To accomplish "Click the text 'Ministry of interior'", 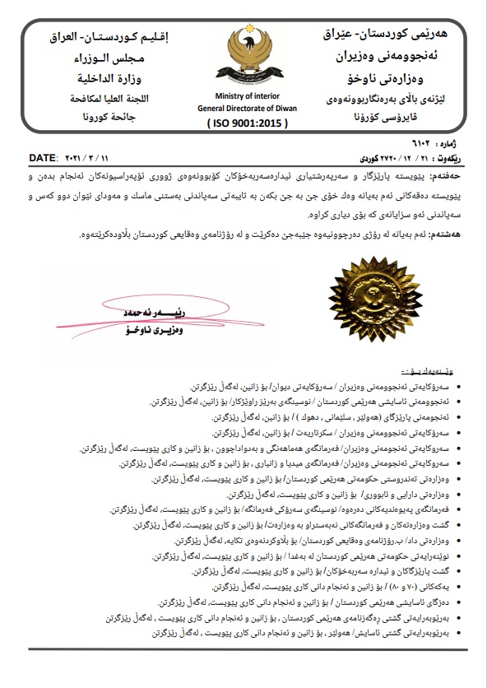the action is click(x=244, y=95).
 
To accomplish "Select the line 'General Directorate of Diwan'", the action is click(x=244, y=107).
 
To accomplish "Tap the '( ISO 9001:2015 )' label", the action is click(x=243, y=121).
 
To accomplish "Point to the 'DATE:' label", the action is click(x=43, y=156).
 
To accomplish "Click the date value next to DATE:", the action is click(x=86, y=156).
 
